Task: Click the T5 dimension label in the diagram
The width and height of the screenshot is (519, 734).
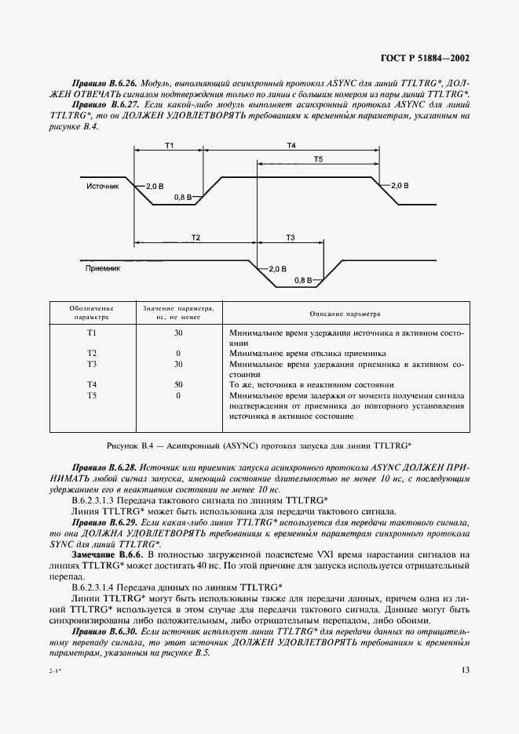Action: click(x=318, y=159)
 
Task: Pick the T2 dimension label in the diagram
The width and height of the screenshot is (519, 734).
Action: click(x=196, y=237)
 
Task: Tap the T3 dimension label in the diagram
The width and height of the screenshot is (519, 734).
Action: click(x=290, y=237)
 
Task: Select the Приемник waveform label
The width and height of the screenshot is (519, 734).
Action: click(x=102, y=268)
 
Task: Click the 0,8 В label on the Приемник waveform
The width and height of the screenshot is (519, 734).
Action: click(x=303, y=279)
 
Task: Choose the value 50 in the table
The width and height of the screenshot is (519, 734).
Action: click(x=178, y=385)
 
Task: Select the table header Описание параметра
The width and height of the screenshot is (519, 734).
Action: click(x=345, y=314)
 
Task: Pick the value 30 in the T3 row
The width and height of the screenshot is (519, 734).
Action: click(x=178, y=365)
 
